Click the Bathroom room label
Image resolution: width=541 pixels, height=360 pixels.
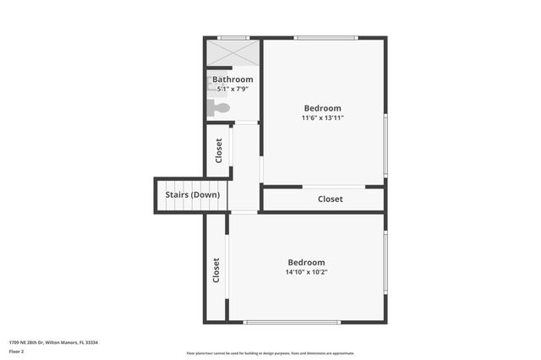point(232,79)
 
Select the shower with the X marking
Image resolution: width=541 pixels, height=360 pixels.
point(232,53)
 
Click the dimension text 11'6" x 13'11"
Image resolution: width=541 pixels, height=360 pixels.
point(323,117)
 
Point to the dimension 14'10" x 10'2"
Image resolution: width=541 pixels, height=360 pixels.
point(306,272)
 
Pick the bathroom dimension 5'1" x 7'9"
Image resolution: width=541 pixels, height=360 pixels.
point(232,89)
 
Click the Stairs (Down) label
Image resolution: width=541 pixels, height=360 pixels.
point(192,194)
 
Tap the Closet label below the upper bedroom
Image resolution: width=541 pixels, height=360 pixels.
point(330,199)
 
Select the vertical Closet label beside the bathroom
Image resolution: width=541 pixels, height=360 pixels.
point(219,150)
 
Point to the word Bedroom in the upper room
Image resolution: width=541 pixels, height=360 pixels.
point(323,107)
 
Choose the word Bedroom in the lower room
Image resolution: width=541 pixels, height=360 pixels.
point(306,262)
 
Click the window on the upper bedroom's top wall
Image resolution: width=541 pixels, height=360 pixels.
point(325,37)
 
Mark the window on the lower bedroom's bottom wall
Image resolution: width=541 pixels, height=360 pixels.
point(292,322)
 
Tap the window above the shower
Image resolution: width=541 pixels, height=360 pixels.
point(232,37)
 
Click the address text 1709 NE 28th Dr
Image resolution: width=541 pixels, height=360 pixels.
point(53,342)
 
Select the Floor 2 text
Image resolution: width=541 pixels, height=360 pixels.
point(16,351)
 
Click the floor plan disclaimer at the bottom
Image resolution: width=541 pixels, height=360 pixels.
point(270,353)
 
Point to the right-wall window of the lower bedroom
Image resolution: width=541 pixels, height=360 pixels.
point(385,262)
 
